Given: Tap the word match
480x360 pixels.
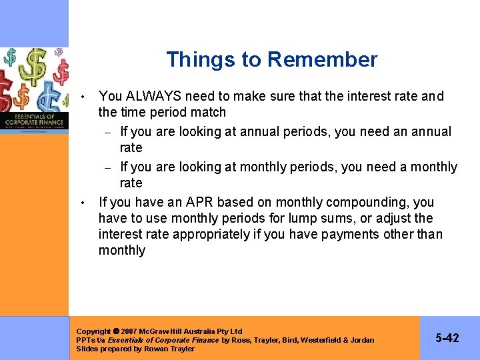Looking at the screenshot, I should (207, 112).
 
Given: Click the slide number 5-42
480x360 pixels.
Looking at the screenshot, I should (447, 338).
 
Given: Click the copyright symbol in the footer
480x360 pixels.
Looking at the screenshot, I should (116, 331).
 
